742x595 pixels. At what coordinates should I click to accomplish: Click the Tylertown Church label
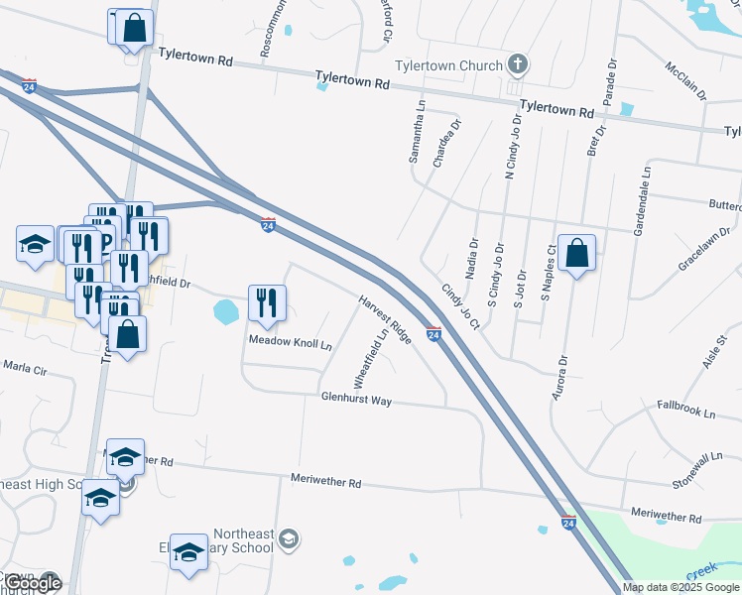pos(449,66)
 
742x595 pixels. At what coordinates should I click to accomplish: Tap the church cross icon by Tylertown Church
pos(517,66)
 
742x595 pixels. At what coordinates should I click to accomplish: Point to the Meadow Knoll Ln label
pos(290,343)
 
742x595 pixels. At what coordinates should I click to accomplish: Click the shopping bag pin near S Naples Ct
pos(576,254)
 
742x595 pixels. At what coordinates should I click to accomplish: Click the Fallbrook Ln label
pos(686,409)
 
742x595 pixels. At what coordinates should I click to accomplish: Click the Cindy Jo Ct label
pos(460,307)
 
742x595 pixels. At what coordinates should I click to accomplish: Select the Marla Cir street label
pos(25,368)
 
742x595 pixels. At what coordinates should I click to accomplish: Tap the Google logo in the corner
pos(33,584)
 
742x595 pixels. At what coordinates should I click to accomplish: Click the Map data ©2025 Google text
pos(681,587)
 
